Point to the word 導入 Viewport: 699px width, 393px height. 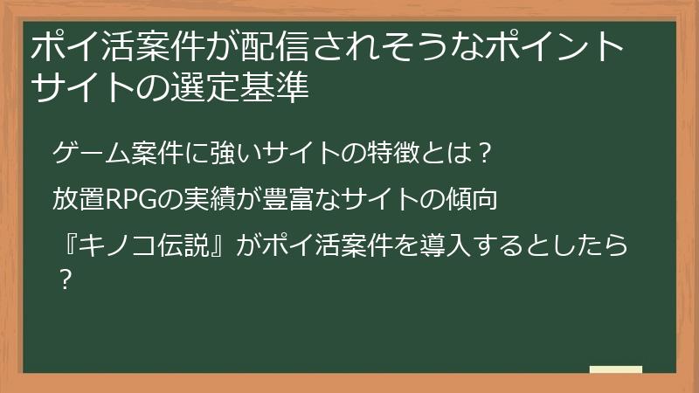(453, 247)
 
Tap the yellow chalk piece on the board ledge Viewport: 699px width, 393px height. (615, 370)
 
